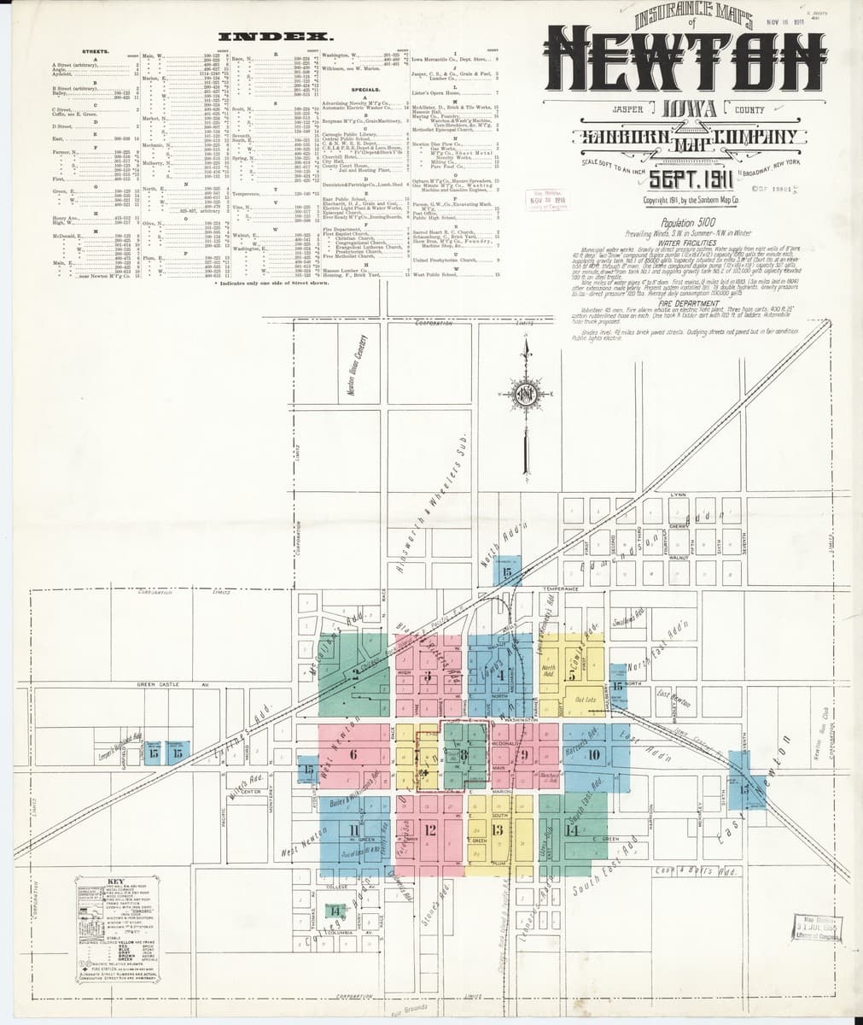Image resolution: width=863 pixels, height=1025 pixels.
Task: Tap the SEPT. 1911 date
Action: point(687,180)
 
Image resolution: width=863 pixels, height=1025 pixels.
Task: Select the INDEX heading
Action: point(275,37)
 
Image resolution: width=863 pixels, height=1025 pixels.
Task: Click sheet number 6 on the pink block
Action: point(353,754)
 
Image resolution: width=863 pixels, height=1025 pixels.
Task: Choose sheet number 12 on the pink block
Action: point(431,829)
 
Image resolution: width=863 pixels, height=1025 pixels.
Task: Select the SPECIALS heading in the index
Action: point(364,88)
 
